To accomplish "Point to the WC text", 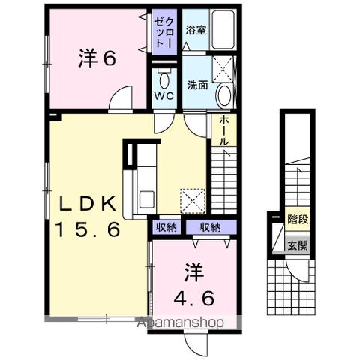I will coord(164,97).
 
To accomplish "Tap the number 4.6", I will coord(195,297).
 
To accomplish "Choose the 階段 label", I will coord(298,220).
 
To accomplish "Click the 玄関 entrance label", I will coord(298,244).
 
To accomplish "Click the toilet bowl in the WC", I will coord(163,78).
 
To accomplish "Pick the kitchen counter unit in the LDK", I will coord(139,180).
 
